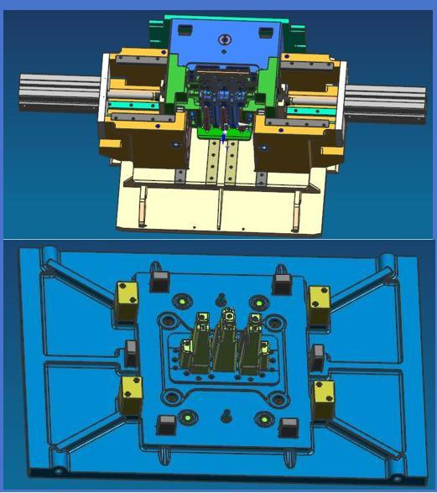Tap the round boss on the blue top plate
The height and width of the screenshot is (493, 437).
pos(224,39)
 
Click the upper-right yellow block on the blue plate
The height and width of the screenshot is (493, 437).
pos(320,299)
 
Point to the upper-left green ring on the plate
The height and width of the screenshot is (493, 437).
pos(178,300)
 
